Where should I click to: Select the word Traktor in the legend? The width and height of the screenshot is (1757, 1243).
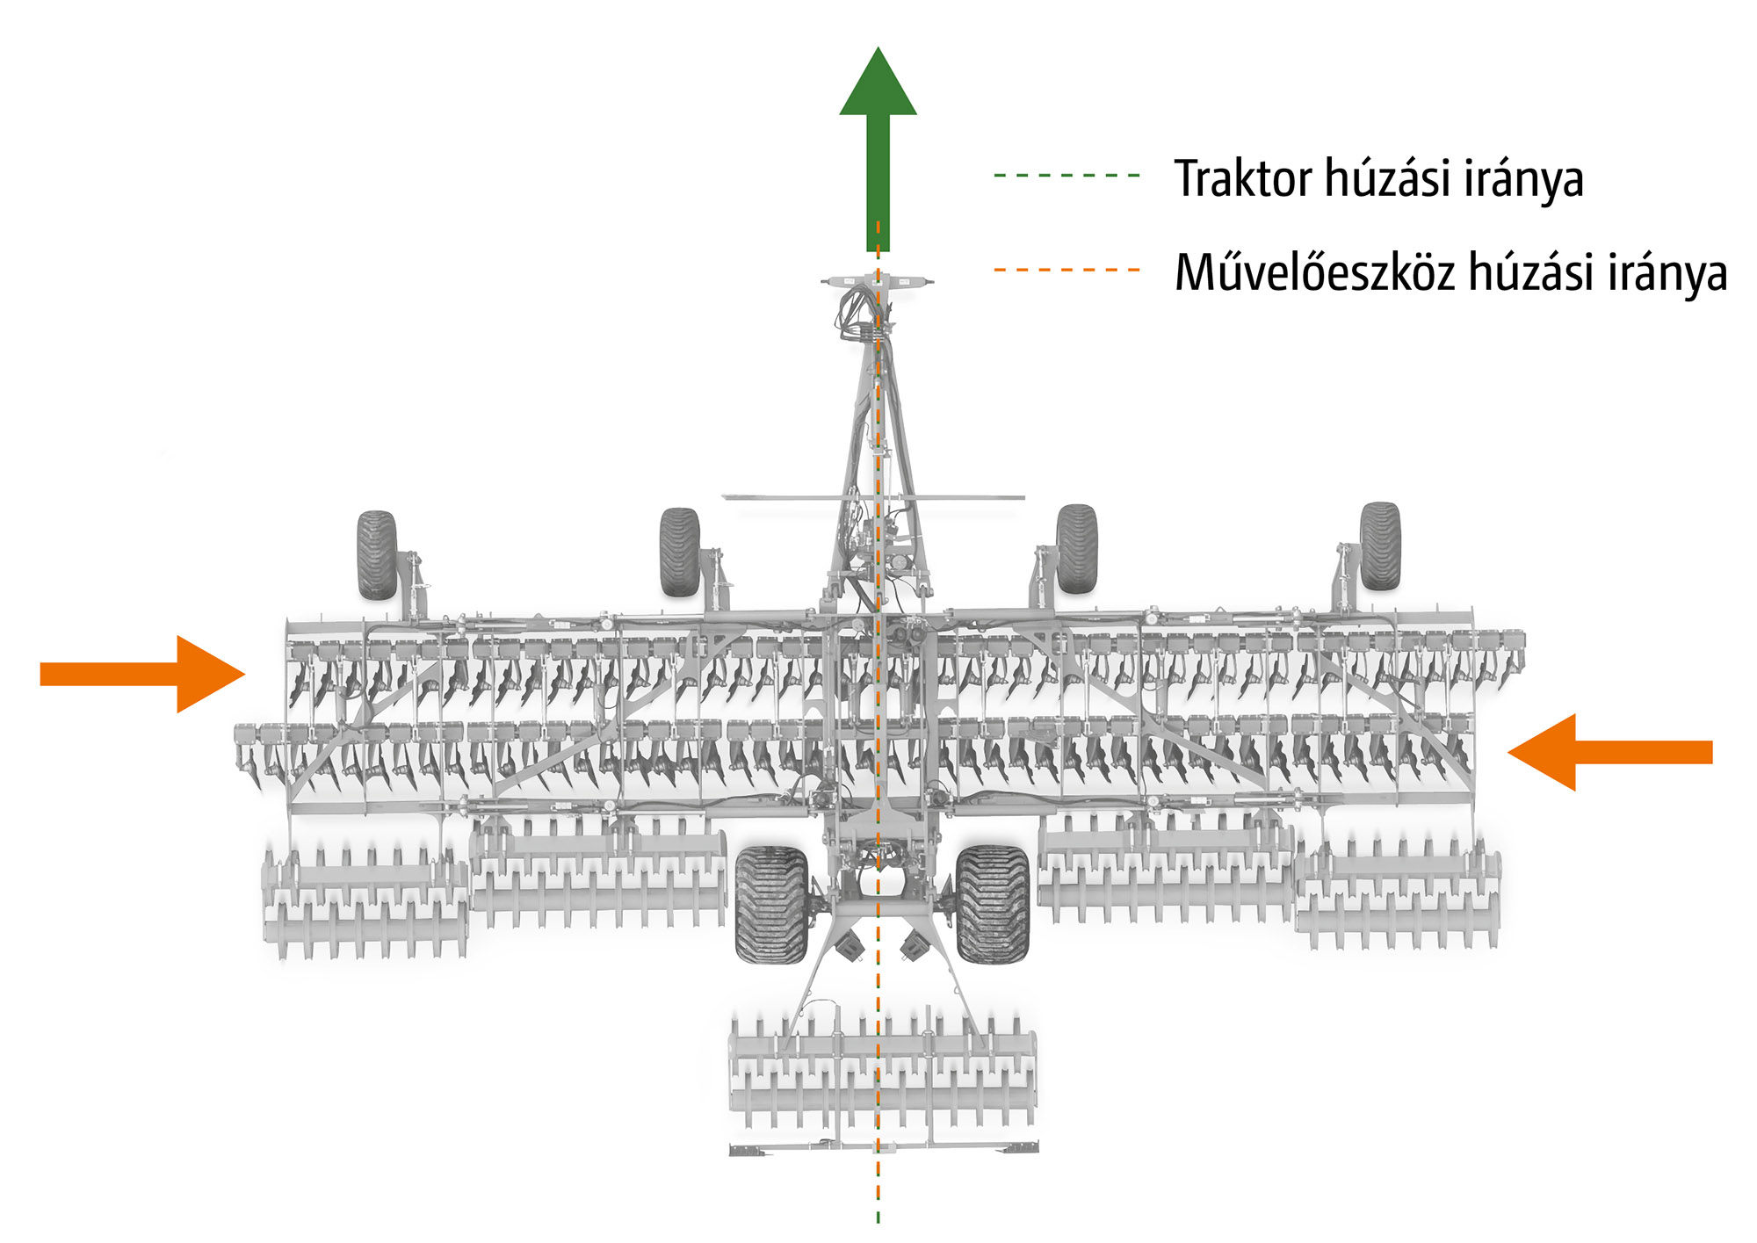(1242, 179)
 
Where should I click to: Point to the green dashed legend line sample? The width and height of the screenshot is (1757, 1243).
(1066, 176)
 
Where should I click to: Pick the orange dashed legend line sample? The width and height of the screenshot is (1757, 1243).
(1066, 270)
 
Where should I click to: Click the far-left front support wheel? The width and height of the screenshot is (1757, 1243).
(377, 555)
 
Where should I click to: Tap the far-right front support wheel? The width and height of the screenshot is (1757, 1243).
(1380, 546)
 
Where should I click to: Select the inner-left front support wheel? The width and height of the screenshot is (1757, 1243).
(680, 552)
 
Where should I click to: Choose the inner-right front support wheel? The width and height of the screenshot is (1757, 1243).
(1077, 548)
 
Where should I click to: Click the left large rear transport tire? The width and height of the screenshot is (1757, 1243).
(770, 905)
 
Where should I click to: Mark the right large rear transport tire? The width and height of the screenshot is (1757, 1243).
(992, 903)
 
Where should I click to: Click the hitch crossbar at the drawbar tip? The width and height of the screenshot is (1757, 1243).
(878, 281)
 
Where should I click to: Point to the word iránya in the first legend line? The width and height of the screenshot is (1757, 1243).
(1523, 179)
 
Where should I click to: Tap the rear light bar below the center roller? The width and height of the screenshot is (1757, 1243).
(884, 1147)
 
